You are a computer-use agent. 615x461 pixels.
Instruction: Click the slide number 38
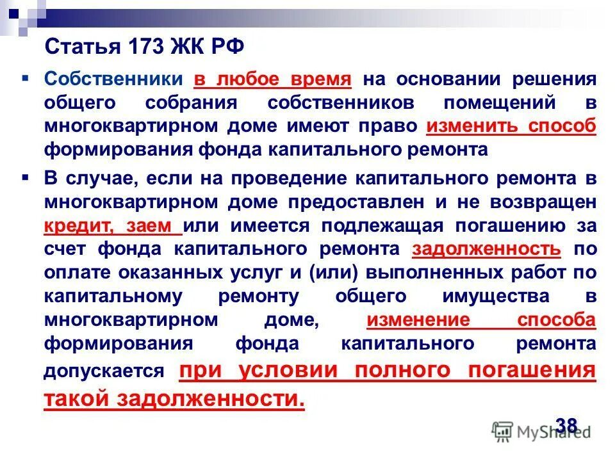pos(566,425)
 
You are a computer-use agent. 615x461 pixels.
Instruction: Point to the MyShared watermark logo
pos(541,430)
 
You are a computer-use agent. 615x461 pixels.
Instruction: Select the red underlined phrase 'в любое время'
pos(273,80)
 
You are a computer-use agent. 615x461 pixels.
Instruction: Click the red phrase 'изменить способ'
pos(511,125)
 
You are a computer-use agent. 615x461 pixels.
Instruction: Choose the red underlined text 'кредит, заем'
pos(112,225)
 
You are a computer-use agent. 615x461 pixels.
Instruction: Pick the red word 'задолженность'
pos(487,248)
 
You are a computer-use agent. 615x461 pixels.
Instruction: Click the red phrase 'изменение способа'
pos(481,319)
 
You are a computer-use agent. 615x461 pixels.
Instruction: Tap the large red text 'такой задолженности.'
pos(175,398)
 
